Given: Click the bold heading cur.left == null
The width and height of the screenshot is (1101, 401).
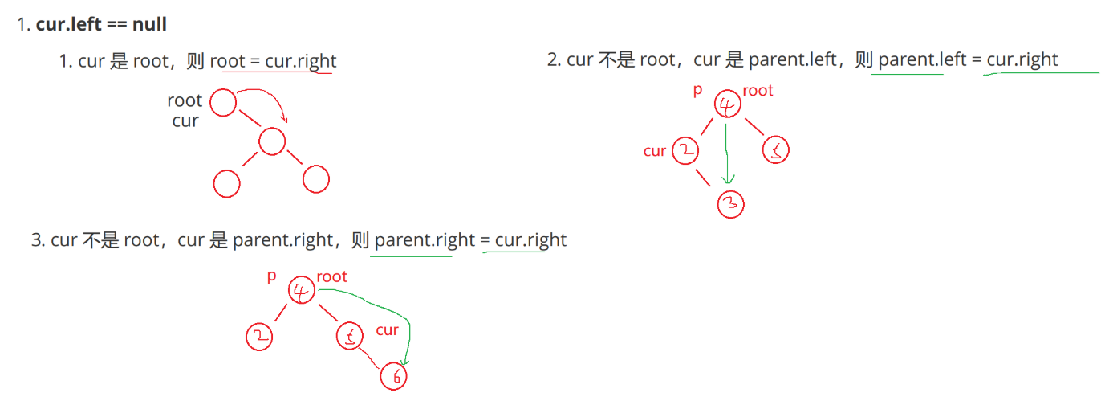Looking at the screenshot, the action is click(101, 24).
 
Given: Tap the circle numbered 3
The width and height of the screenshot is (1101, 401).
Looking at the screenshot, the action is click(730, 204).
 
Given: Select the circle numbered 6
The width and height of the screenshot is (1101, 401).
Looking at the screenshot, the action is click(393, 375).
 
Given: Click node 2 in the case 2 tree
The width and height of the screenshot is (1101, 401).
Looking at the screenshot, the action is click(685, 150).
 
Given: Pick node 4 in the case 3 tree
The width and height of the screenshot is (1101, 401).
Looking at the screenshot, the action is click(302, 291).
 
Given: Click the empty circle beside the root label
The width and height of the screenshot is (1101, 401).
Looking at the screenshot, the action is click(224, 103).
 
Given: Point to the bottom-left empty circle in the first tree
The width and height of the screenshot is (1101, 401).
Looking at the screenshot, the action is click(227, 183).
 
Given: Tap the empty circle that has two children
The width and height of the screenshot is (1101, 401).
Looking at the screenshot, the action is click(272, 142).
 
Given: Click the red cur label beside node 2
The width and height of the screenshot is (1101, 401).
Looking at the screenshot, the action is click(655, 151).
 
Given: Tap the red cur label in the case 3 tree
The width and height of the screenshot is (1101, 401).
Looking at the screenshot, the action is click(388, 329).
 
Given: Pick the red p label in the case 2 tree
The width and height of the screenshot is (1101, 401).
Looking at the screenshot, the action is click(697, 90).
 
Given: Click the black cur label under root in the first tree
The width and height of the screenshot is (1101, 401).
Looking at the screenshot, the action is click(185, 121).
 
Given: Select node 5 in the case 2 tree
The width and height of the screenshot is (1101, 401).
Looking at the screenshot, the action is click(775, 150).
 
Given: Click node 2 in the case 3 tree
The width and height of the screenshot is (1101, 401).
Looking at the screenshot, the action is click(259, 336).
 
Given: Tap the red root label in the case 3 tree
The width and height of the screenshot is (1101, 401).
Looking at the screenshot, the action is click(331, 276).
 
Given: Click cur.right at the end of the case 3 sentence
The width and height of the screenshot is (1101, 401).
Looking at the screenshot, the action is click(530, 239).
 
